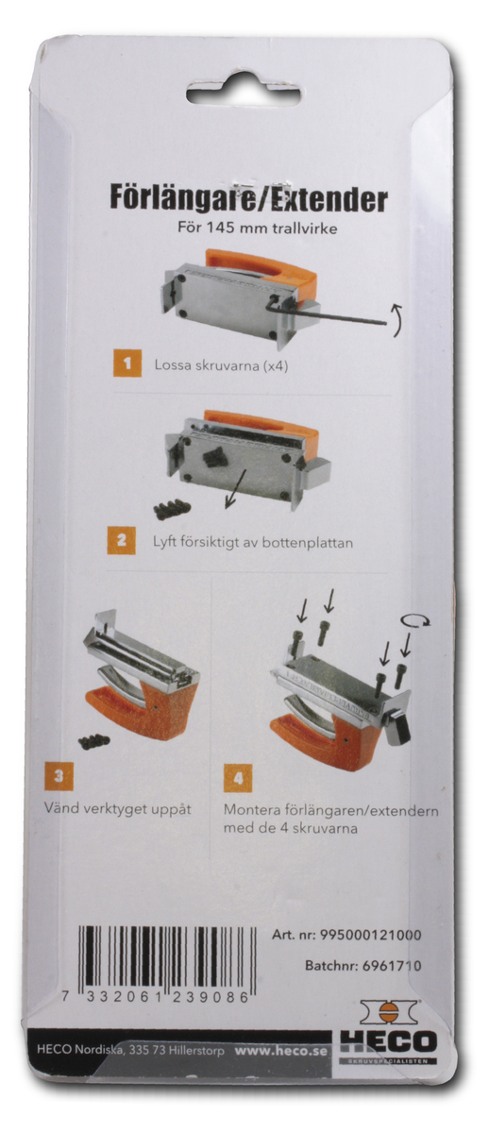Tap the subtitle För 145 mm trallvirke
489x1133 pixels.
258,228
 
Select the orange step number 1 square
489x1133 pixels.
126,364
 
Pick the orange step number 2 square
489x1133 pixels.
122,540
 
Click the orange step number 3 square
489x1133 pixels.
59,775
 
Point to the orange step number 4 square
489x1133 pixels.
238,778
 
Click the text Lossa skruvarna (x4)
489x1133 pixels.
222,365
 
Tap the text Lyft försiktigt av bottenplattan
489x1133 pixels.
253,543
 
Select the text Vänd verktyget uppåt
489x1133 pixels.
117,808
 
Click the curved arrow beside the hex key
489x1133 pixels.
397,320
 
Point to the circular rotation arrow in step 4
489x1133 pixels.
415,621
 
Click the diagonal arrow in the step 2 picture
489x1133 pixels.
236,488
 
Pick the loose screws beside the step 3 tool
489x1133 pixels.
94,741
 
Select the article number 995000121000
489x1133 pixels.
370,935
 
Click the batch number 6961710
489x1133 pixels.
392,966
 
